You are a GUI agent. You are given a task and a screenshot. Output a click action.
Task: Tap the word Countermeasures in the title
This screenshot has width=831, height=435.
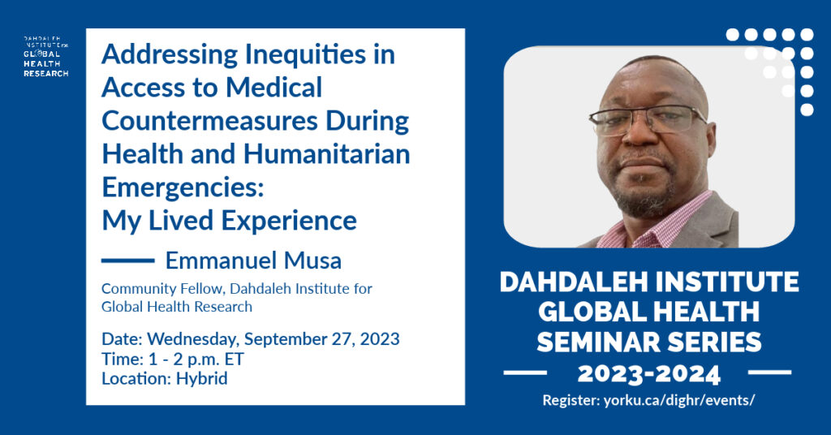point(209,121)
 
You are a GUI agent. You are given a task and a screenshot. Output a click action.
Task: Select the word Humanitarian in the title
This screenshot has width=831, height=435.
point(326,154)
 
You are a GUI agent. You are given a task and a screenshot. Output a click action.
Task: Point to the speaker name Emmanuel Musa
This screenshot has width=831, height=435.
point(253,261)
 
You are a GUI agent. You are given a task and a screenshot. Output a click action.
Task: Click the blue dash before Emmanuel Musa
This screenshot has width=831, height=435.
point(127,261)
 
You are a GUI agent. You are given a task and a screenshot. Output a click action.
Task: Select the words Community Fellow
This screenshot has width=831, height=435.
point(162,289)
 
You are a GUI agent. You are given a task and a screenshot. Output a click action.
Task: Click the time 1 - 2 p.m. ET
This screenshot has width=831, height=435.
point(196,360)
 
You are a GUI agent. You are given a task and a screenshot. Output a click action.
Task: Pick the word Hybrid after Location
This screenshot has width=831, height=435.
point(202,379)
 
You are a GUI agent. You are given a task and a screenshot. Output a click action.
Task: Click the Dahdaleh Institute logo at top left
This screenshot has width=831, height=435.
point(45,57)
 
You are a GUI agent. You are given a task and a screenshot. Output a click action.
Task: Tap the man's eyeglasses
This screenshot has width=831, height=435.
point(647,120)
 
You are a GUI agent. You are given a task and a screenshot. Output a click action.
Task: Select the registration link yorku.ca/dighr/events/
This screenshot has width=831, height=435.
point(678,401)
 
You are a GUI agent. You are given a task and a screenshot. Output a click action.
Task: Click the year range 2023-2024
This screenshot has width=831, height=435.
point(648,374)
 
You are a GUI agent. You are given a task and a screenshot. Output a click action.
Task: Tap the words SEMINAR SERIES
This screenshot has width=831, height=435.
point(648,342)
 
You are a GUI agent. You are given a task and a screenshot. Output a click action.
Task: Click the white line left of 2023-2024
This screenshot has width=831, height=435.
point(525,373)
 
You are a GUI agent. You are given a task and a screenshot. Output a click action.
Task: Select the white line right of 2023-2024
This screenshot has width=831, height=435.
point(770,373)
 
